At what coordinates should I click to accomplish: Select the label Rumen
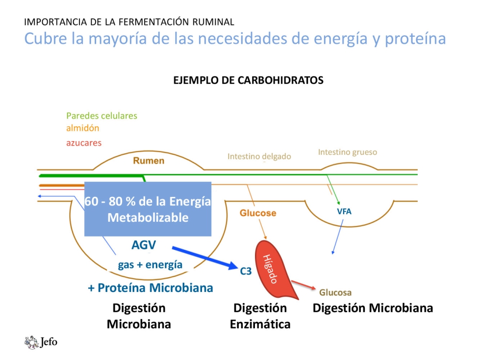[x=149, y=161]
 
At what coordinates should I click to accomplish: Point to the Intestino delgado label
[x=259, y=157]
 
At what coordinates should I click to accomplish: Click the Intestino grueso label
[x=348, y=152]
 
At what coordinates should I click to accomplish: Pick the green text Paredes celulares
[x=101, y=116]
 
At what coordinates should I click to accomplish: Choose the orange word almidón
[x=82, y=128]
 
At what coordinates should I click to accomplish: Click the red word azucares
[x=84, y=143]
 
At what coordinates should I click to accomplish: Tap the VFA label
[x=344, y=212]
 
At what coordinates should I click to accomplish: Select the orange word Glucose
[x=258, y=213]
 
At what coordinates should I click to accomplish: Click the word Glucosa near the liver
[x=335, y=293]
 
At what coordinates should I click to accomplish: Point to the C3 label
[x=246, y=270]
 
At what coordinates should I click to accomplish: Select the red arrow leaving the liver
[x=304, y=286]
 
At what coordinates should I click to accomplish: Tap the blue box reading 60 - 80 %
[x=148, y=209]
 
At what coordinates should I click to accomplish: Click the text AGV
[x=144, y=245]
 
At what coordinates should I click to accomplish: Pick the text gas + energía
[x=150, y=265]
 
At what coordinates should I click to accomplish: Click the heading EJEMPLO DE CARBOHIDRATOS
[x=248, y=80]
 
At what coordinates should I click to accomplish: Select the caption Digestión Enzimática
[x=260, y=316]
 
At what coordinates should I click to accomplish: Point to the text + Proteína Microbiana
[x=151, y=288]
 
